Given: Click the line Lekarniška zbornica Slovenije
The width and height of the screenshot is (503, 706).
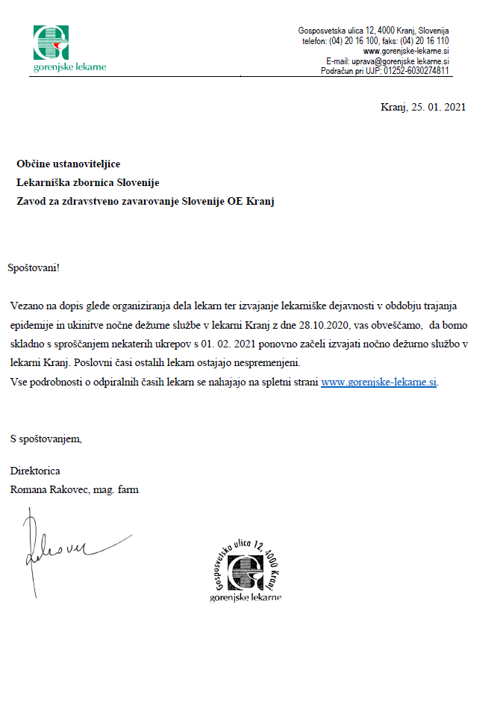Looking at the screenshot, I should (x=87, y=183).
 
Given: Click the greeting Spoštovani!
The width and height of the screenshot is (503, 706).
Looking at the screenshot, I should (x=34, y=267).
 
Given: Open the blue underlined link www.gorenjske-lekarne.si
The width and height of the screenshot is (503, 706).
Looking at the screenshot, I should (x=378, y=382).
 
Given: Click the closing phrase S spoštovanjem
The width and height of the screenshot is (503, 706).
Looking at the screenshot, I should (x=46, y=438).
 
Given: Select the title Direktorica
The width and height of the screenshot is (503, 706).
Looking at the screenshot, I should (x=35, y=471).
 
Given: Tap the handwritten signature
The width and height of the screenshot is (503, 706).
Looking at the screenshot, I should (x=60, y=549).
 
